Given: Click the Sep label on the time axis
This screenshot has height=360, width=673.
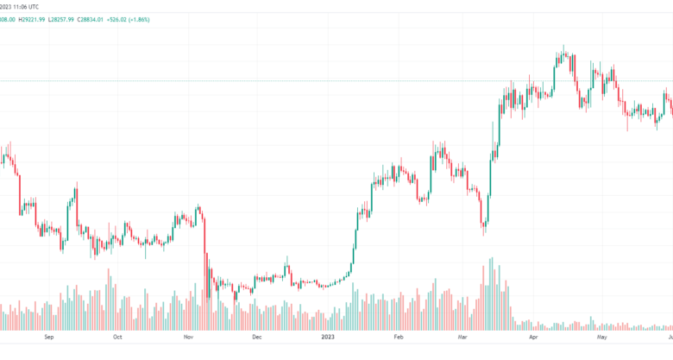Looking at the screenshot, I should point(48,339).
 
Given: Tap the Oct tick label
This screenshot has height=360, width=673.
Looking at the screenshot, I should point(118,339).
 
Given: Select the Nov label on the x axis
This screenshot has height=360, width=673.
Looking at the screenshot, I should point(188,339).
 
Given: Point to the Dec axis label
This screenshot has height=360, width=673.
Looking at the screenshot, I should point(256,339).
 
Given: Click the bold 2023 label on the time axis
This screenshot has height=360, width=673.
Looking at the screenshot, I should point(327,339).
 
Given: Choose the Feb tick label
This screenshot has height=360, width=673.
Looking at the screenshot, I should point(398,339).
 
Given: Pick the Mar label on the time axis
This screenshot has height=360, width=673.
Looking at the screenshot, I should point(463,339).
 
